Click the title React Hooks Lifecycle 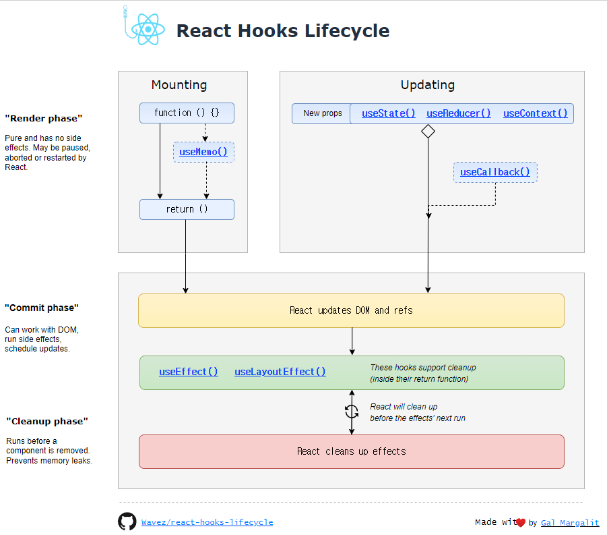pyautogui.click(x=282, y=31)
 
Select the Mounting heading pyautogui.click(x=179, y=85)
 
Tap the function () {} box pyautogui.click(x=187, y=113)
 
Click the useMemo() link pyautogui.click(x=203, y=152)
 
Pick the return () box pyautogui.click(x=187, y=209)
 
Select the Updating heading pyautogui.click(x=428, y=85)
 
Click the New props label pyautogui.click(x=322, y=113)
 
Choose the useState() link pyautogui.click(x=389, y=113)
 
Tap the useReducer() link pyautogui.click(x=459, y=113)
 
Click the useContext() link pyautogui.click(x=535, y=113)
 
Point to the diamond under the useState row pyautogui.click(x=428, y=132)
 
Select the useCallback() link pyautogui.click(x=495, y=172)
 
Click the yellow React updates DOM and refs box pyautogui.click(x=351, y=310)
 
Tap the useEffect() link pyautogui.click(x=189, y=372)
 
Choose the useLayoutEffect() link pyautogui.click(x=280, y=372)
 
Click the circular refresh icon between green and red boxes pyautogui.click(x=352, y=411)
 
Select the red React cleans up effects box pyautogui.click(x=351, y=451)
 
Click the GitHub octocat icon pyautogui.click(x=127, y=522)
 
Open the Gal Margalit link pyautogui.click(x=570, y=523)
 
